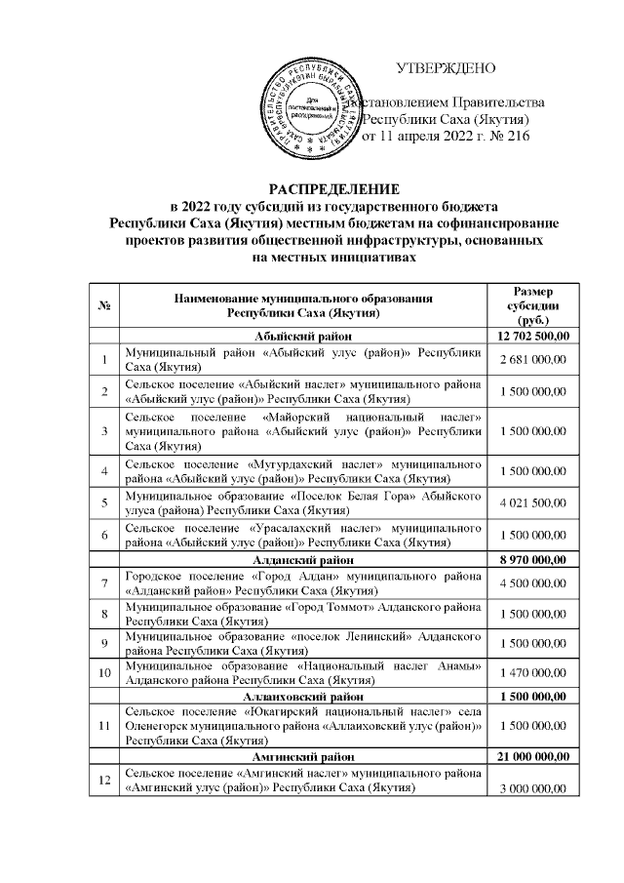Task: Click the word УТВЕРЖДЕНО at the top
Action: [447, 67]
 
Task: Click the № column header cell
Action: [103, 306]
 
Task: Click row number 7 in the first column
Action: [103, 584]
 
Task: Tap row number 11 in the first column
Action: [103, 726]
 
